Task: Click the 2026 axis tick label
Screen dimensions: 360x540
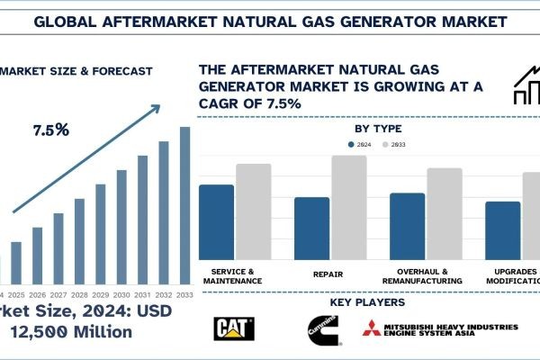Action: click(37, 295)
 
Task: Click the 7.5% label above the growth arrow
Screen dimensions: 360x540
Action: click(51, 130)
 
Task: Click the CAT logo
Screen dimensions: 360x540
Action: click(233, 328)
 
